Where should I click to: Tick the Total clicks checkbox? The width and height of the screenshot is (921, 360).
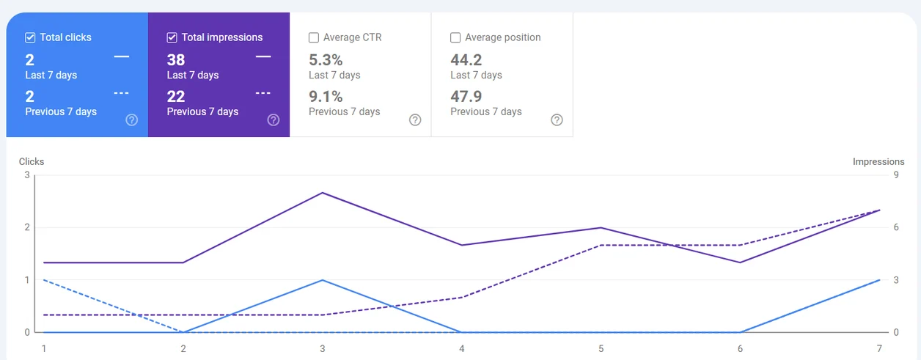coord(30,38)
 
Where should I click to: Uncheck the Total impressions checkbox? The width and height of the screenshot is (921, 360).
coord(172,38)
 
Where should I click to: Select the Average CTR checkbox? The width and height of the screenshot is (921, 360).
coord(314,38)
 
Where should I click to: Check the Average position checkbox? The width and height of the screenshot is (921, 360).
coord(455,38)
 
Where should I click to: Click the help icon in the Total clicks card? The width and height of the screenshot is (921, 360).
coord(131,120)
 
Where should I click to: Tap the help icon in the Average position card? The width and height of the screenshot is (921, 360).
coord(557,120)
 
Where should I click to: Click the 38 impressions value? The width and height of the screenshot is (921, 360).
coord(176,60)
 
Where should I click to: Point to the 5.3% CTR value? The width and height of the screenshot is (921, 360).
coord(326,60)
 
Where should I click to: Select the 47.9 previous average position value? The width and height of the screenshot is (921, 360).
coord(466,97)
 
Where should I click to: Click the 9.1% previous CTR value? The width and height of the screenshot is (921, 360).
coord(326,97)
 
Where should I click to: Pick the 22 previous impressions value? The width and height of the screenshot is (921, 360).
coord(176,97)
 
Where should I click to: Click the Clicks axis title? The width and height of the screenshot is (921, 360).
coord(32,161)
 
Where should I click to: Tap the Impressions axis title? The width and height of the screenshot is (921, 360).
coord(878,161)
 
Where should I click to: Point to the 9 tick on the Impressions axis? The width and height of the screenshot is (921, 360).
coord(896,175)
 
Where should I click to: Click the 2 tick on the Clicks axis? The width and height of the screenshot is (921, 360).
coord(27,227)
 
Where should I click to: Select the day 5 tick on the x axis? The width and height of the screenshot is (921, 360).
coord(601,348)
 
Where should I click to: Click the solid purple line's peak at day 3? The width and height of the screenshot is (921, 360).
coord(323,193)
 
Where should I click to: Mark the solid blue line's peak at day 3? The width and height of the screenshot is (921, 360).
coord(323,280)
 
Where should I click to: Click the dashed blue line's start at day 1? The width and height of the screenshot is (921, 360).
coord(44,280)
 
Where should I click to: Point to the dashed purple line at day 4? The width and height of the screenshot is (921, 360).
coord(462,298)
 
